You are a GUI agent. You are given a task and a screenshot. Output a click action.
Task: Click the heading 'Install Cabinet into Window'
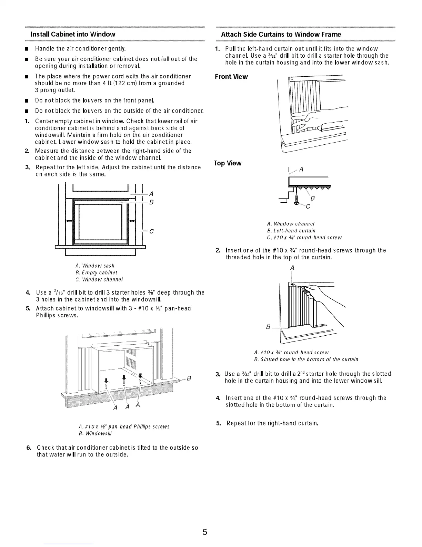coord(73,34)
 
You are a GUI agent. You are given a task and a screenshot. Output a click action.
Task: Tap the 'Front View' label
coord(231,77)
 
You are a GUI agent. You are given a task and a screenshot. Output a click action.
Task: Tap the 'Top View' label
coord(228,163)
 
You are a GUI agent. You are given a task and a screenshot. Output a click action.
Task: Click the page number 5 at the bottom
coord(205,532)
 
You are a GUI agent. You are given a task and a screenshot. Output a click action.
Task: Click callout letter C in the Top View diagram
coord(308,207)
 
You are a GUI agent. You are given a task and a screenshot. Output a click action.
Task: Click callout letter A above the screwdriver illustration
coord(292,268)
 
